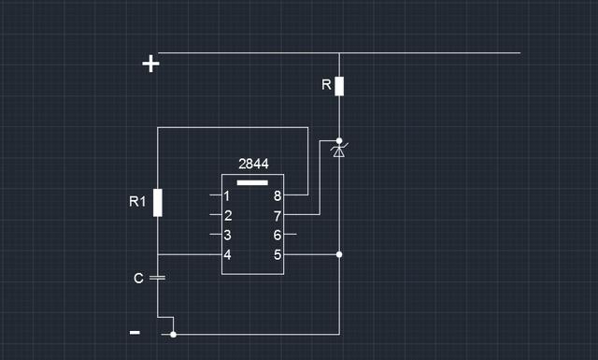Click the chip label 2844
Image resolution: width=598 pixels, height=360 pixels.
253,164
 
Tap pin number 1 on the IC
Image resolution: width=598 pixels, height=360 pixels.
227,196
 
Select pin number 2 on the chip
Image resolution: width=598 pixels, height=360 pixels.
227,215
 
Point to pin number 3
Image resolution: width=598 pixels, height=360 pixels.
227,235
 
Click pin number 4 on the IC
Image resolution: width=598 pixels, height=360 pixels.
227,254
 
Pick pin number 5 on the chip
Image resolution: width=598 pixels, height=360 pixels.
277,254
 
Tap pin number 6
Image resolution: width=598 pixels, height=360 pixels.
277,235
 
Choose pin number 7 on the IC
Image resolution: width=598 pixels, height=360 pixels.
277,215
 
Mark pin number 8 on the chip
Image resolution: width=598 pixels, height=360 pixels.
277,196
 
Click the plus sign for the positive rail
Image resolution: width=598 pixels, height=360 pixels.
150,64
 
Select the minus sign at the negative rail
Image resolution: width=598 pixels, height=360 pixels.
135,332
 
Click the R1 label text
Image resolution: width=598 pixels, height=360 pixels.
137,200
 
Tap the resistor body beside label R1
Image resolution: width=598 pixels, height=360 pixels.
158,202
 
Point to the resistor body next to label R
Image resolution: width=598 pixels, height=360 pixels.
339,86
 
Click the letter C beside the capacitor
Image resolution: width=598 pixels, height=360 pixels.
138,278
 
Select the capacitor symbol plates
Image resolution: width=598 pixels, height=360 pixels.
158,278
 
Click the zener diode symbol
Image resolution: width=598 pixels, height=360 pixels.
339,150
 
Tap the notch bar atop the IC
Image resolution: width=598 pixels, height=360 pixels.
252,181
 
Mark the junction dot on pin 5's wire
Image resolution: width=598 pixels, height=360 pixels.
339,254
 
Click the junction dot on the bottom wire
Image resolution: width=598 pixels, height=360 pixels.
173,333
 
